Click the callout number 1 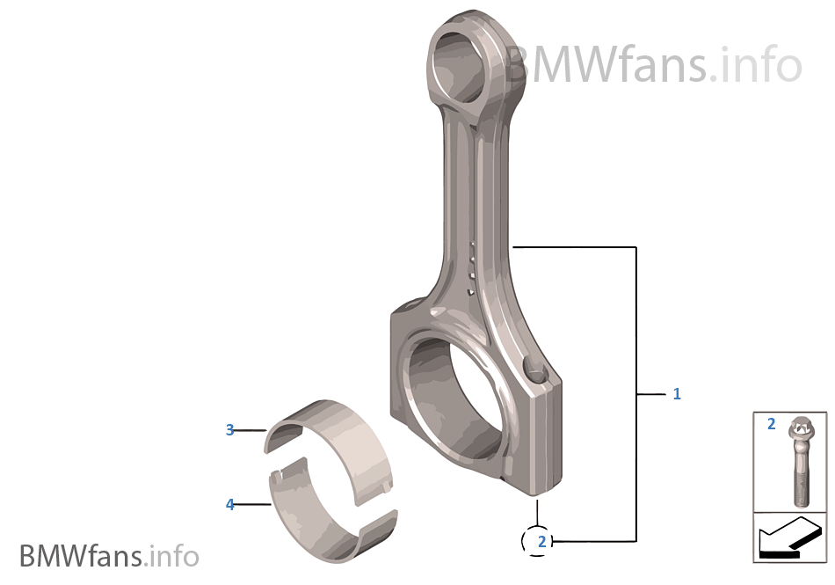(677, 394)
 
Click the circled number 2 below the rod (541, 541)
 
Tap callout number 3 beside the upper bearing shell (229, 430)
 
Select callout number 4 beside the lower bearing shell (229, 504)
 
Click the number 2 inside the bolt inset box (771, 424)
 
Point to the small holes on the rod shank (472, 268)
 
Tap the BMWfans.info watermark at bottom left (109, 556)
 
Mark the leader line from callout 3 (250, 430)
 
